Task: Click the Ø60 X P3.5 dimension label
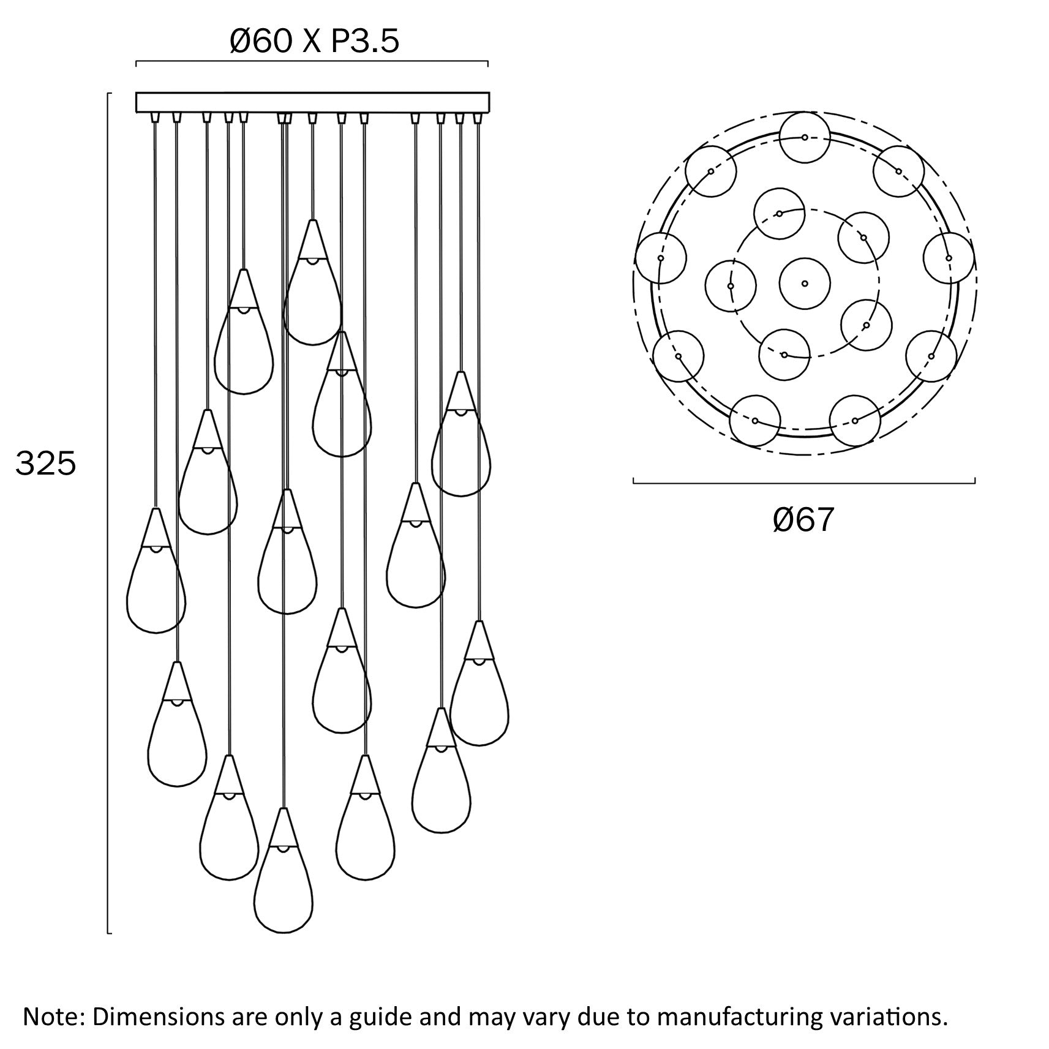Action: [314, 42]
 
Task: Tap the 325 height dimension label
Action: [46, 464]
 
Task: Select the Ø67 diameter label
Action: [803, 520]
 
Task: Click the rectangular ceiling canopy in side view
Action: [312, 102]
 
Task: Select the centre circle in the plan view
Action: [805, 284]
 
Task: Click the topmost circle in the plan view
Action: [805, 137]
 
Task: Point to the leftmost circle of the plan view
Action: [660, 258]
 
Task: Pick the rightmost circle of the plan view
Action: [949, 258]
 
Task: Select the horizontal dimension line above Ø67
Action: [803, 483]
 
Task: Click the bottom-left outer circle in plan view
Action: [755, 421]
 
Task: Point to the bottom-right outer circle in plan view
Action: [855, 421]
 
